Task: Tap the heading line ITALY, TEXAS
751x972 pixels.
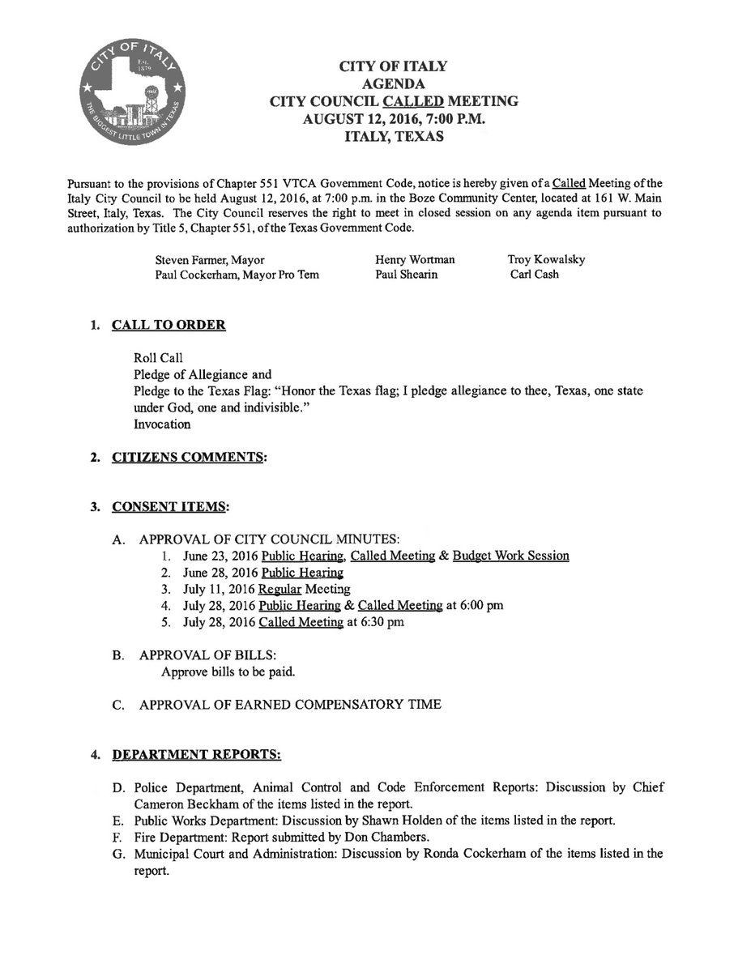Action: click(394, 137)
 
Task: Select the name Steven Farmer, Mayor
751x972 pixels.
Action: click(210, 260)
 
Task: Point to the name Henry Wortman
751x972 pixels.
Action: click(415, 260)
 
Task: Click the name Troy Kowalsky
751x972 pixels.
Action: click(546, 260)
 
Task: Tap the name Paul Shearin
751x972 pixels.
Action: click(407, 275)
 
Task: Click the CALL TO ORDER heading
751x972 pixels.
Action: click(169, 326)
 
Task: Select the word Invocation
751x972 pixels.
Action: click(162, 424)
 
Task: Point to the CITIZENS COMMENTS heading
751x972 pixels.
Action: click(188, 458)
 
